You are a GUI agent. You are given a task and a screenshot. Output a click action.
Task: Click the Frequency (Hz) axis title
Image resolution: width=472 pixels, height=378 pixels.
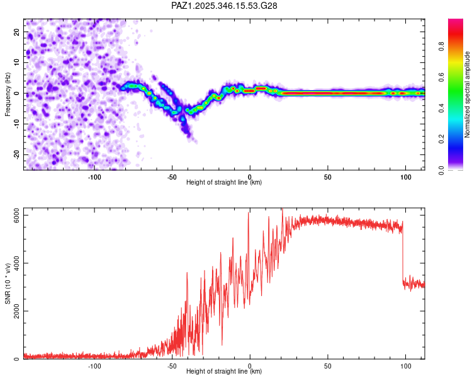[x=8, y=94]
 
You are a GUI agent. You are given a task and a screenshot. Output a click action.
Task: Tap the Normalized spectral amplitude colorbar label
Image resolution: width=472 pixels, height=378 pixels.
[x=468, y=94]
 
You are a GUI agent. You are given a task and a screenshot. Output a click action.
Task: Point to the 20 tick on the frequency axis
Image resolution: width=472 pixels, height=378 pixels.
[x=17, y=31]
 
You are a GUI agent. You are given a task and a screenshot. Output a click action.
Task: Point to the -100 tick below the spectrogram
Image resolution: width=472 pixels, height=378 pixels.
[x=94, y=177]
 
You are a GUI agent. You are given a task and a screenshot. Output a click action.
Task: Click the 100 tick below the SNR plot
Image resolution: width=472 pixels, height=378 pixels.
[x=406, y=366]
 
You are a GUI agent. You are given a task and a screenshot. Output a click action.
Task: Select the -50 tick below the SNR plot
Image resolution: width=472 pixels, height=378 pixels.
[x=172, y=366]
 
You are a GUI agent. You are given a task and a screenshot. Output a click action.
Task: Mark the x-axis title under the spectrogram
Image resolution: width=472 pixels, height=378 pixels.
[x=224, y=183]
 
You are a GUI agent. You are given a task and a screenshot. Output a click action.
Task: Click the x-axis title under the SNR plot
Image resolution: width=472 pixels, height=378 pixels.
[x=224, y=372]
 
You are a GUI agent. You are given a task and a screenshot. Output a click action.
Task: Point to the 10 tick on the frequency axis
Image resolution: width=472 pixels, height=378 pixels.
[x=17, y=62]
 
